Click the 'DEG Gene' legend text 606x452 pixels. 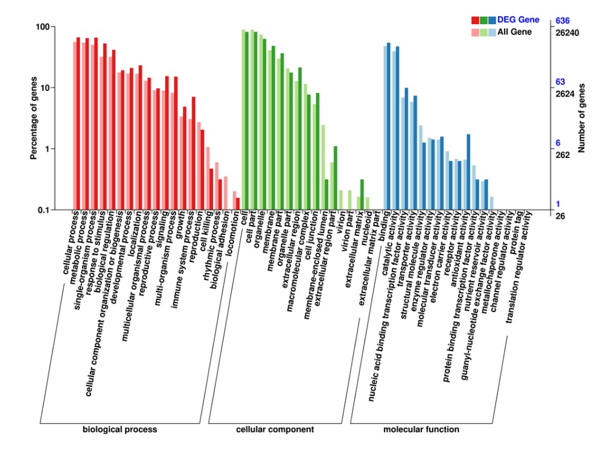(x=518, y=21)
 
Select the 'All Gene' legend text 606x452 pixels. (x=514, y=32)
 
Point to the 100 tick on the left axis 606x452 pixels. (x=42, y=27)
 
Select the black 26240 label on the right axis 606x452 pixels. (x=567, y=33)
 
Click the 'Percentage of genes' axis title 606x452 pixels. (x=34, y=118)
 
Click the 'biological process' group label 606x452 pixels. (x=120, y=430)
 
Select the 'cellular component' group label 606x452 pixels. (x=275, y=430)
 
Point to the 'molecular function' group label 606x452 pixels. (x=421, y=430)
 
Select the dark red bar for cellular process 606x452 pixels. (x=78, y=124)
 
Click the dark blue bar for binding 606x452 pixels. (x=388, y=126)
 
